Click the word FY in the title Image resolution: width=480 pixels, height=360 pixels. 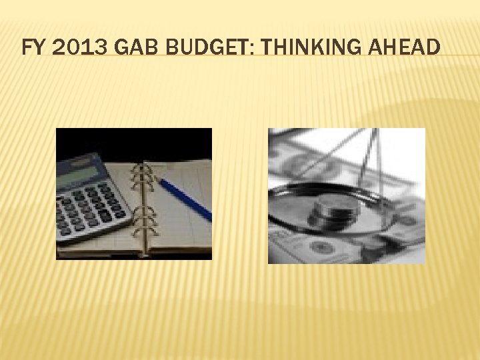click(32, 48)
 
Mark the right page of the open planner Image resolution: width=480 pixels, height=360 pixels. click(180, 220)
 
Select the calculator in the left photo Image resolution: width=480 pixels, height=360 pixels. click(90, 197)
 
